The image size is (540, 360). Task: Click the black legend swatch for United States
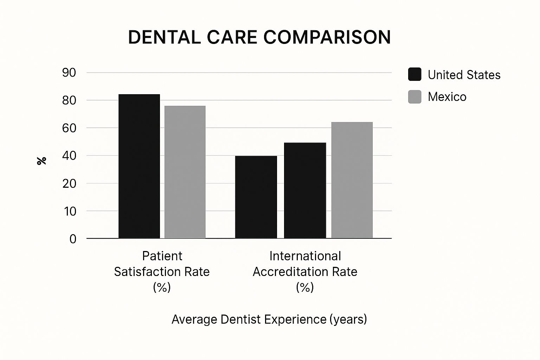click(414, 75)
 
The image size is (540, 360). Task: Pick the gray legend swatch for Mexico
click(414, 97)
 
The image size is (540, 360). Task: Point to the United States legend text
click(464, 75)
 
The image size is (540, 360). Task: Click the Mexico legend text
click(447, 97)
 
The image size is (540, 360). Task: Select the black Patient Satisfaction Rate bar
click(139, 166)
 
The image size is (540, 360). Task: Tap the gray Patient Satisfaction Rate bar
click(185, 172)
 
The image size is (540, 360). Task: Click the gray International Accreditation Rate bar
click(352, 180)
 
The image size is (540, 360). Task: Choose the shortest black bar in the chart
click(256, 197)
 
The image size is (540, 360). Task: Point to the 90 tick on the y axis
click(69, 73)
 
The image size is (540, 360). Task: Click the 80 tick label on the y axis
click(69, 101)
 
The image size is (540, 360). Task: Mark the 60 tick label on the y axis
click(69, 128)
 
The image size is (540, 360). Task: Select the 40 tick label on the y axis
click(69, 156)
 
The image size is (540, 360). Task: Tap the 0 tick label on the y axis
click(73, 239)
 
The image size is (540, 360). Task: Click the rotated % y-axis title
click(41, 161)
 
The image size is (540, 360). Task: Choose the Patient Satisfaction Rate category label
click(162, 271)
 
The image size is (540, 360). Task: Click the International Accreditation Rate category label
click(305, 271)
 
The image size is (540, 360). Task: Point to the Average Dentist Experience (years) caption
click(269, 319)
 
